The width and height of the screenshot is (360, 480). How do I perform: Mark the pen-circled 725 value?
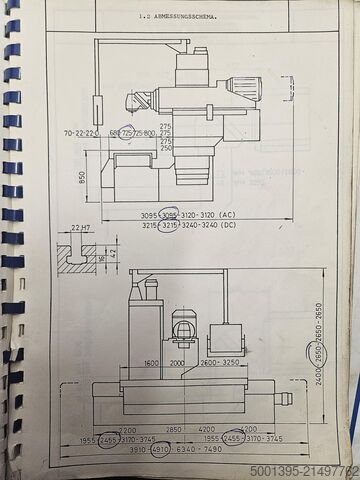(127, 132)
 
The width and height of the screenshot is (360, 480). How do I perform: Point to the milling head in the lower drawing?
(184, 329)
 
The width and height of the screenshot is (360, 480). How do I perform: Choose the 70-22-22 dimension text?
(79, 132)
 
